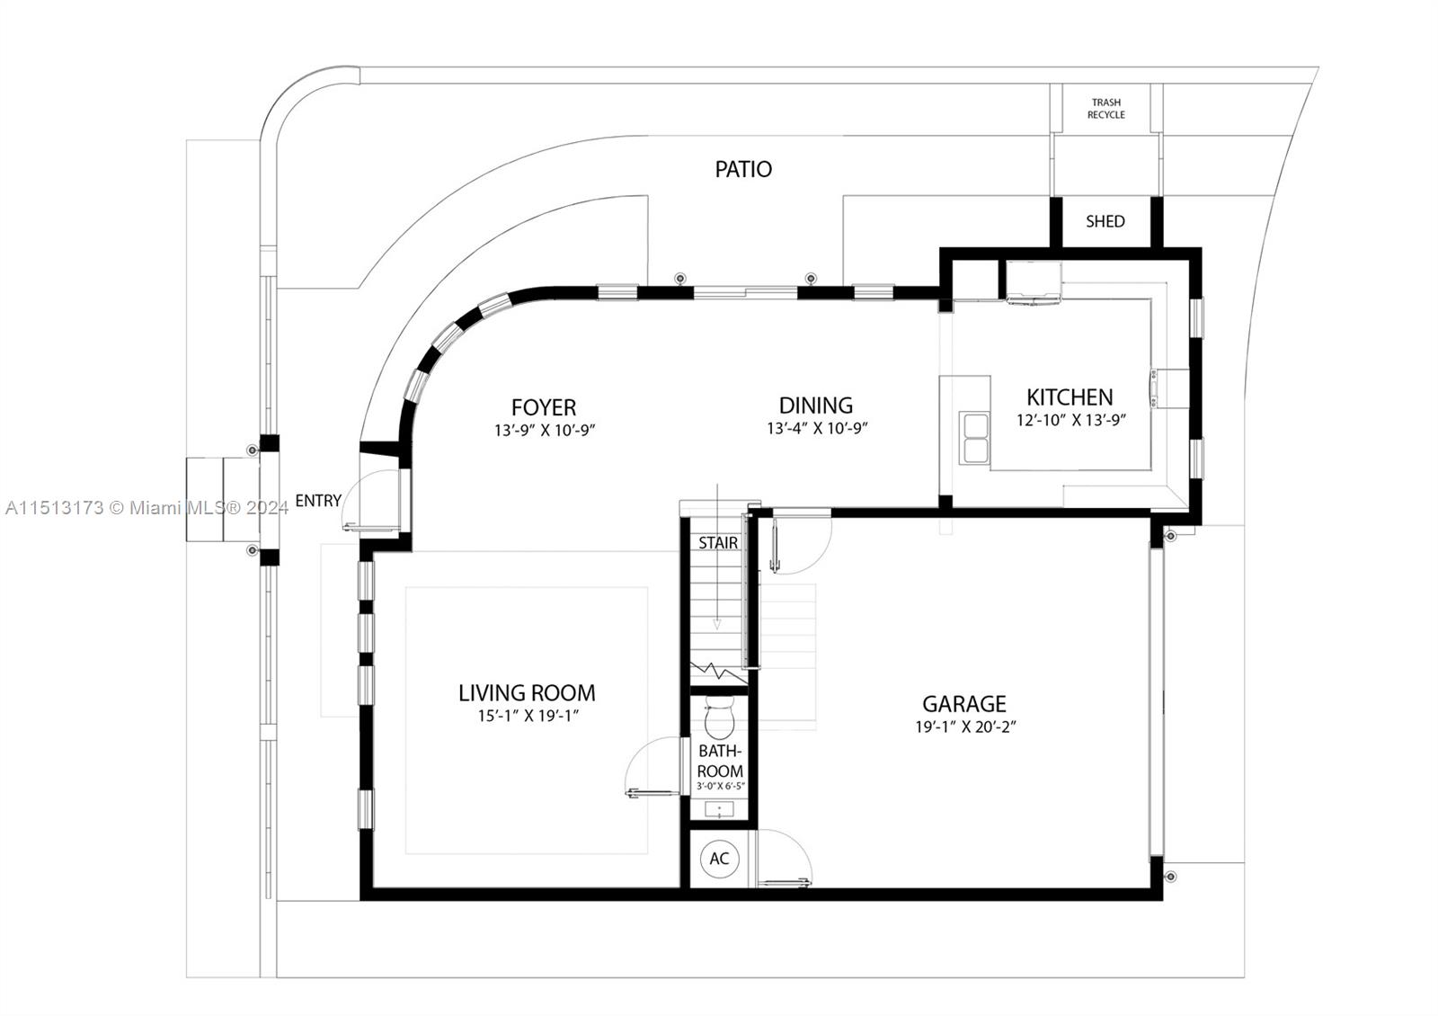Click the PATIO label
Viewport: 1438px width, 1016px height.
(x=742, y=169)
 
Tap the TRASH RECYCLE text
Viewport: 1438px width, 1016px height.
(x=1105, y=109)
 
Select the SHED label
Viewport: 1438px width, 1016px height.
(x=1105, y=221)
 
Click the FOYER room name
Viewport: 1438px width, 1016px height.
(x=543, y=407)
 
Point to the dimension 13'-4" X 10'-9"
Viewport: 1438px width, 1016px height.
(x=816, y=429)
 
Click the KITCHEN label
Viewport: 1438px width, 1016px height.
(x=1070, y=397)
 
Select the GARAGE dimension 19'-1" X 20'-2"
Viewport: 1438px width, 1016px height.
(x=964, y=727)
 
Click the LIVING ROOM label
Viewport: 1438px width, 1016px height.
(x=527, y=693)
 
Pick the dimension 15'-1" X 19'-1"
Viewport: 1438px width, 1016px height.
(x=527, y=717)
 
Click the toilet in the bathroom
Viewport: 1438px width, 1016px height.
(x=719, y=718)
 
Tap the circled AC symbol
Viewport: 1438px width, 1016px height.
(x=719, y=859)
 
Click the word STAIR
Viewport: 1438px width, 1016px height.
(x=718, y=543)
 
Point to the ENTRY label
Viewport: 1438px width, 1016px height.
(x=318, y=501)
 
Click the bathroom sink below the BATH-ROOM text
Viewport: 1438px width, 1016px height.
(x=719, y=809)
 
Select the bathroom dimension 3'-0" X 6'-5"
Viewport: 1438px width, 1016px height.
(x=720, y=787)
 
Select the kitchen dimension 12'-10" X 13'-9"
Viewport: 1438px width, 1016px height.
(x=1070, y=420)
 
